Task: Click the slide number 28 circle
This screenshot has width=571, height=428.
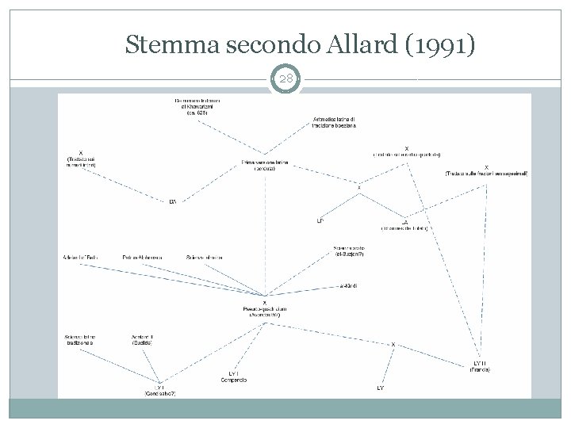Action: coord(285,80)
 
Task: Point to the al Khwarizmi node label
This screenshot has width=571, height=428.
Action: coord(197,108)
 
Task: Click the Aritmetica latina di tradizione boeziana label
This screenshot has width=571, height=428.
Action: coord(335,122)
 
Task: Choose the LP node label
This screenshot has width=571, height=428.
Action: coord(320,220)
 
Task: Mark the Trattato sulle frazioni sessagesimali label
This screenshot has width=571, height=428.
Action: coord(486,170)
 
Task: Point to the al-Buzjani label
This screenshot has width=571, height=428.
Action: coord(349,252)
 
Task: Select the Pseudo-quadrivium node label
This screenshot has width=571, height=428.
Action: coord(264,309)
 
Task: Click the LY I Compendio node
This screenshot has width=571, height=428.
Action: coord(234,376)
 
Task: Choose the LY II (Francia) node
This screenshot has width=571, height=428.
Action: coord(482,367)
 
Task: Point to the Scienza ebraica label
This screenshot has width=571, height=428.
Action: coord(205,258)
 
